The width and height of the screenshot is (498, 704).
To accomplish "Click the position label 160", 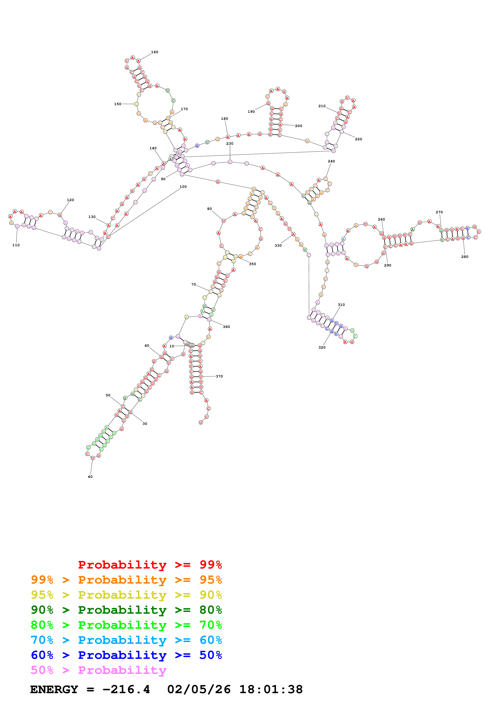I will pos(155,52).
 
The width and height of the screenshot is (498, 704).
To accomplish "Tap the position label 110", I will pos(16,245).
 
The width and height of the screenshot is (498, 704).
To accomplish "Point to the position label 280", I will pos(465,257).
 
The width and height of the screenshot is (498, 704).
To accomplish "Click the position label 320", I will pos(322,347).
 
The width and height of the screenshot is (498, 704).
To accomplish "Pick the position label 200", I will pos(299,126).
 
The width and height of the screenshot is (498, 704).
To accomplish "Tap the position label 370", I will pos(219,376).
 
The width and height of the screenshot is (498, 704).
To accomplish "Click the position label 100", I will pos(183,186).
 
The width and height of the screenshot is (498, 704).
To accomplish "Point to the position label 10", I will pos(172,346).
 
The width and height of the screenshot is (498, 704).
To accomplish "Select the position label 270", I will pos(439,212).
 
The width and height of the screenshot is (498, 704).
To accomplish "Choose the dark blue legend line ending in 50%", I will pos(126,655).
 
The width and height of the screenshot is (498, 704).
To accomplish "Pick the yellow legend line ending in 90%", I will pos(126,595).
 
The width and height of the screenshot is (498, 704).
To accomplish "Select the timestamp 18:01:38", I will pos(271,690).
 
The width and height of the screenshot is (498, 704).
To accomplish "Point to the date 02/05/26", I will pos(199,690).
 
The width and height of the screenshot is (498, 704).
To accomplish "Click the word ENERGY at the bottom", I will pos(54,690).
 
